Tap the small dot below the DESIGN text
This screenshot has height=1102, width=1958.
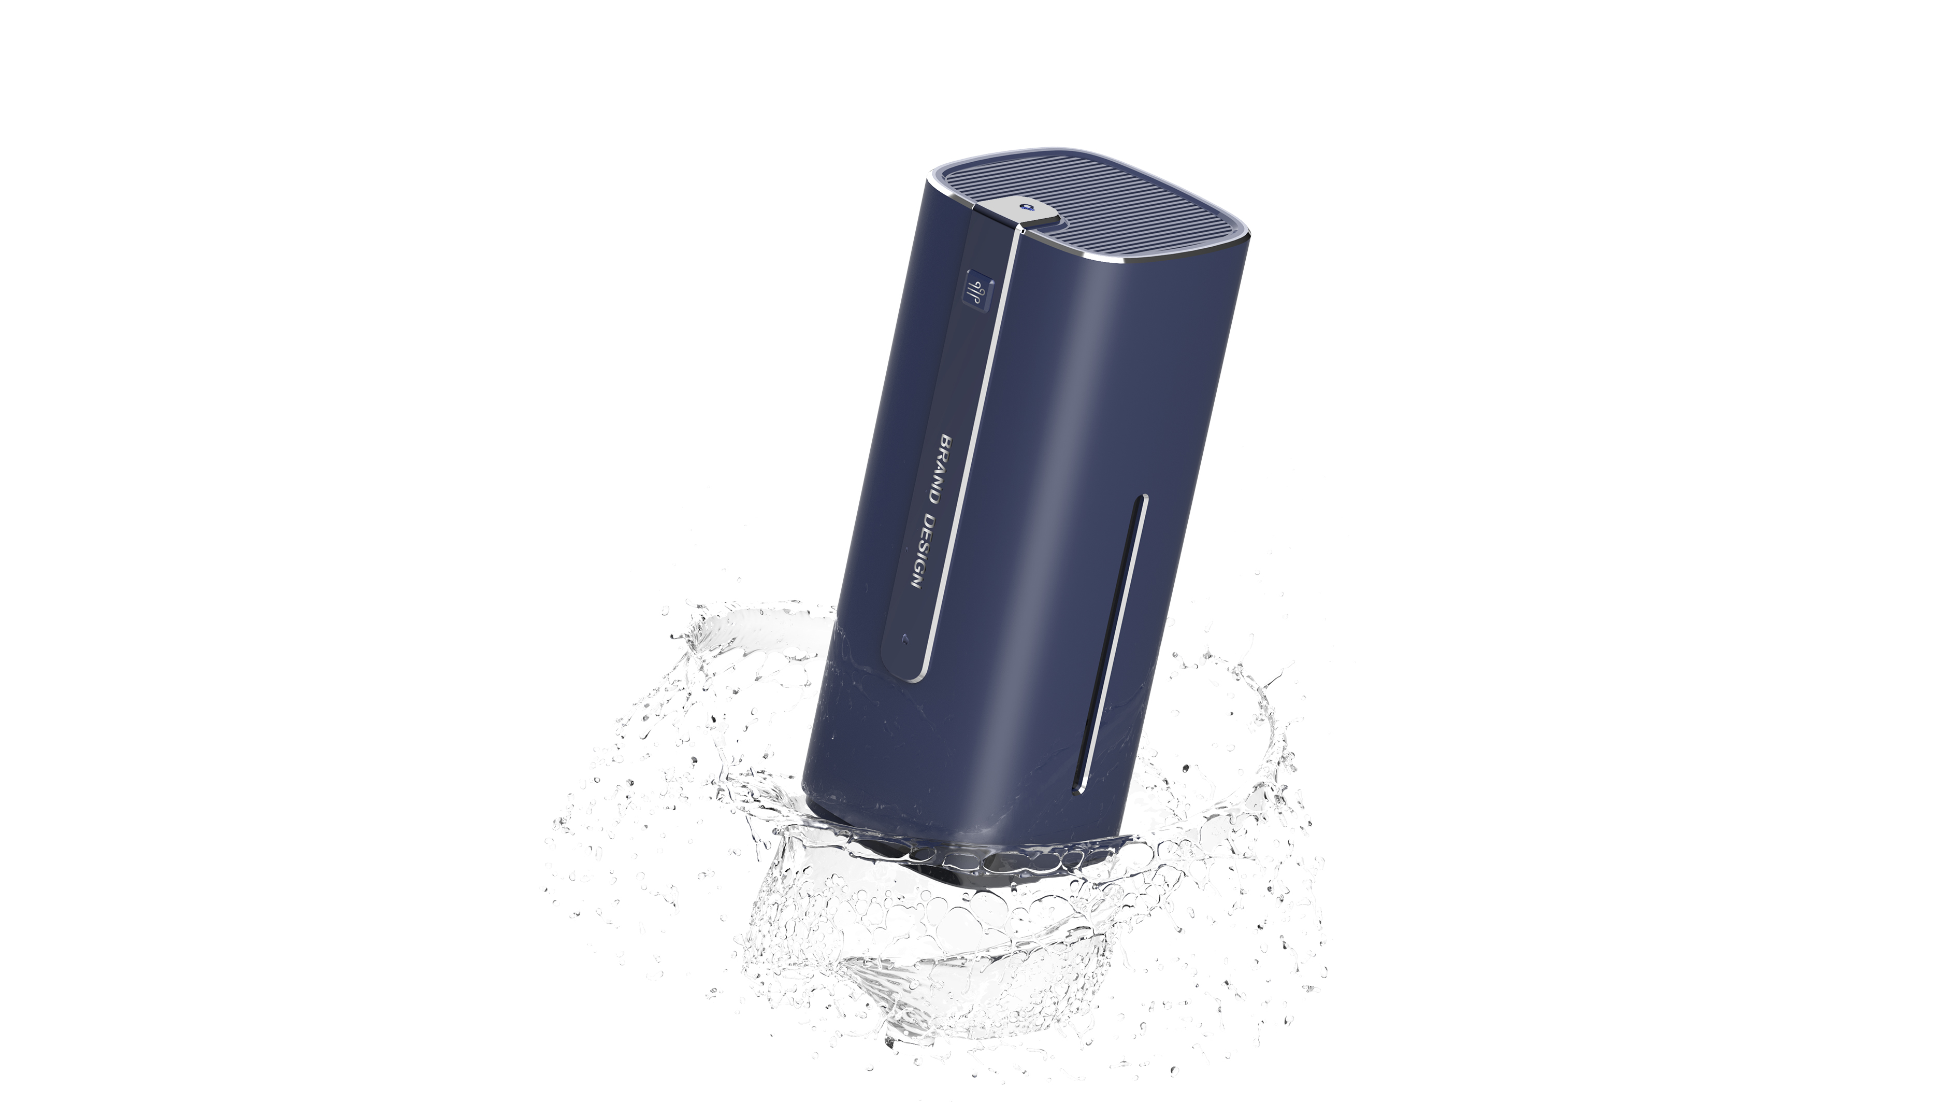[x=902, y=638]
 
